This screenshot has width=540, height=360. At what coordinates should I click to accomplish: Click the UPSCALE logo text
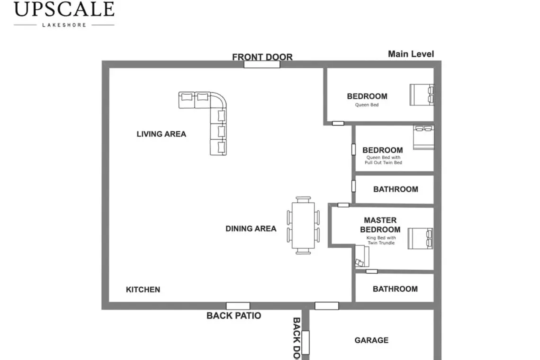(64, 9)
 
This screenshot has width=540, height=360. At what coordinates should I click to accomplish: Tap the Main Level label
(411, 54)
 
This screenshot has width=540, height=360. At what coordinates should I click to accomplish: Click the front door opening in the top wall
(262, 64)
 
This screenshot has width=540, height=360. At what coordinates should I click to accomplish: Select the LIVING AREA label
(161, 134)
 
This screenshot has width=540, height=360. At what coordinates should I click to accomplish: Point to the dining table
(303, 225)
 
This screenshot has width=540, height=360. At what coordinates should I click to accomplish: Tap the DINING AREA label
(251, 229)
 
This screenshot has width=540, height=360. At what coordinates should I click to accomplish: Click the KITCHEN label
(143, 290)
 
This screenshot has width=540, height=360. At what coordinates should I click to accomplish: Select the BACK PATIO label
(234, 315)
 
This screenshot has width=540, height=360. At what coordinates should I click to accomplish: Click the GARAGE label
(371, 341)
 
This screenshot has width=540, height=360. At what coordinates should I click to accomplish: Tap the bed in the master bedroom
(420, 238)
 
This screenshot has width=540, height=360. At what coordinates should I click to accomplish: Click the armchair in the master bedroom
(362, 256)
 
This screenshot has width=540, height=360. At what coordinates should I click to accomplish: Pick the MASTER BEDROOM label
(380, 225)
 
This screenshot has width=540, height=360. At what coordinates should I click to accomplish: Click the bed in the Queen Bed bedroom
(422, 95)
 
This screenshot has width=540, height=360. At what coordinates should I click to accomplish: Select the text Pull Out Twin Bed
(383, 162)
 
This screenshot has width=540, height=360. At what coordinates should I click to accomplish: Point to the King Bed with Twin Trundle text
(381, 240)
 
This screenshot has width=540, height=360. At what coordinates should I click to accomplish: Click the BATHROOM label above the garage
(396, 289)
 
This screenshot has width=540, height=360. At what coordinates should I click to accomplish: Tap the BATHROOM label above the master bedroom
(396, 189)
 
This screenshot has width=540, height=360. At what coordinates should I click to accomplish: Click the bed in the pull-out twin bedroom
(423, 137)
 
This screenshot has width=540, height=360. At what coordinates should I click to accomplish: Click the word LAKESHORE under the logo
(64, 25)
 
